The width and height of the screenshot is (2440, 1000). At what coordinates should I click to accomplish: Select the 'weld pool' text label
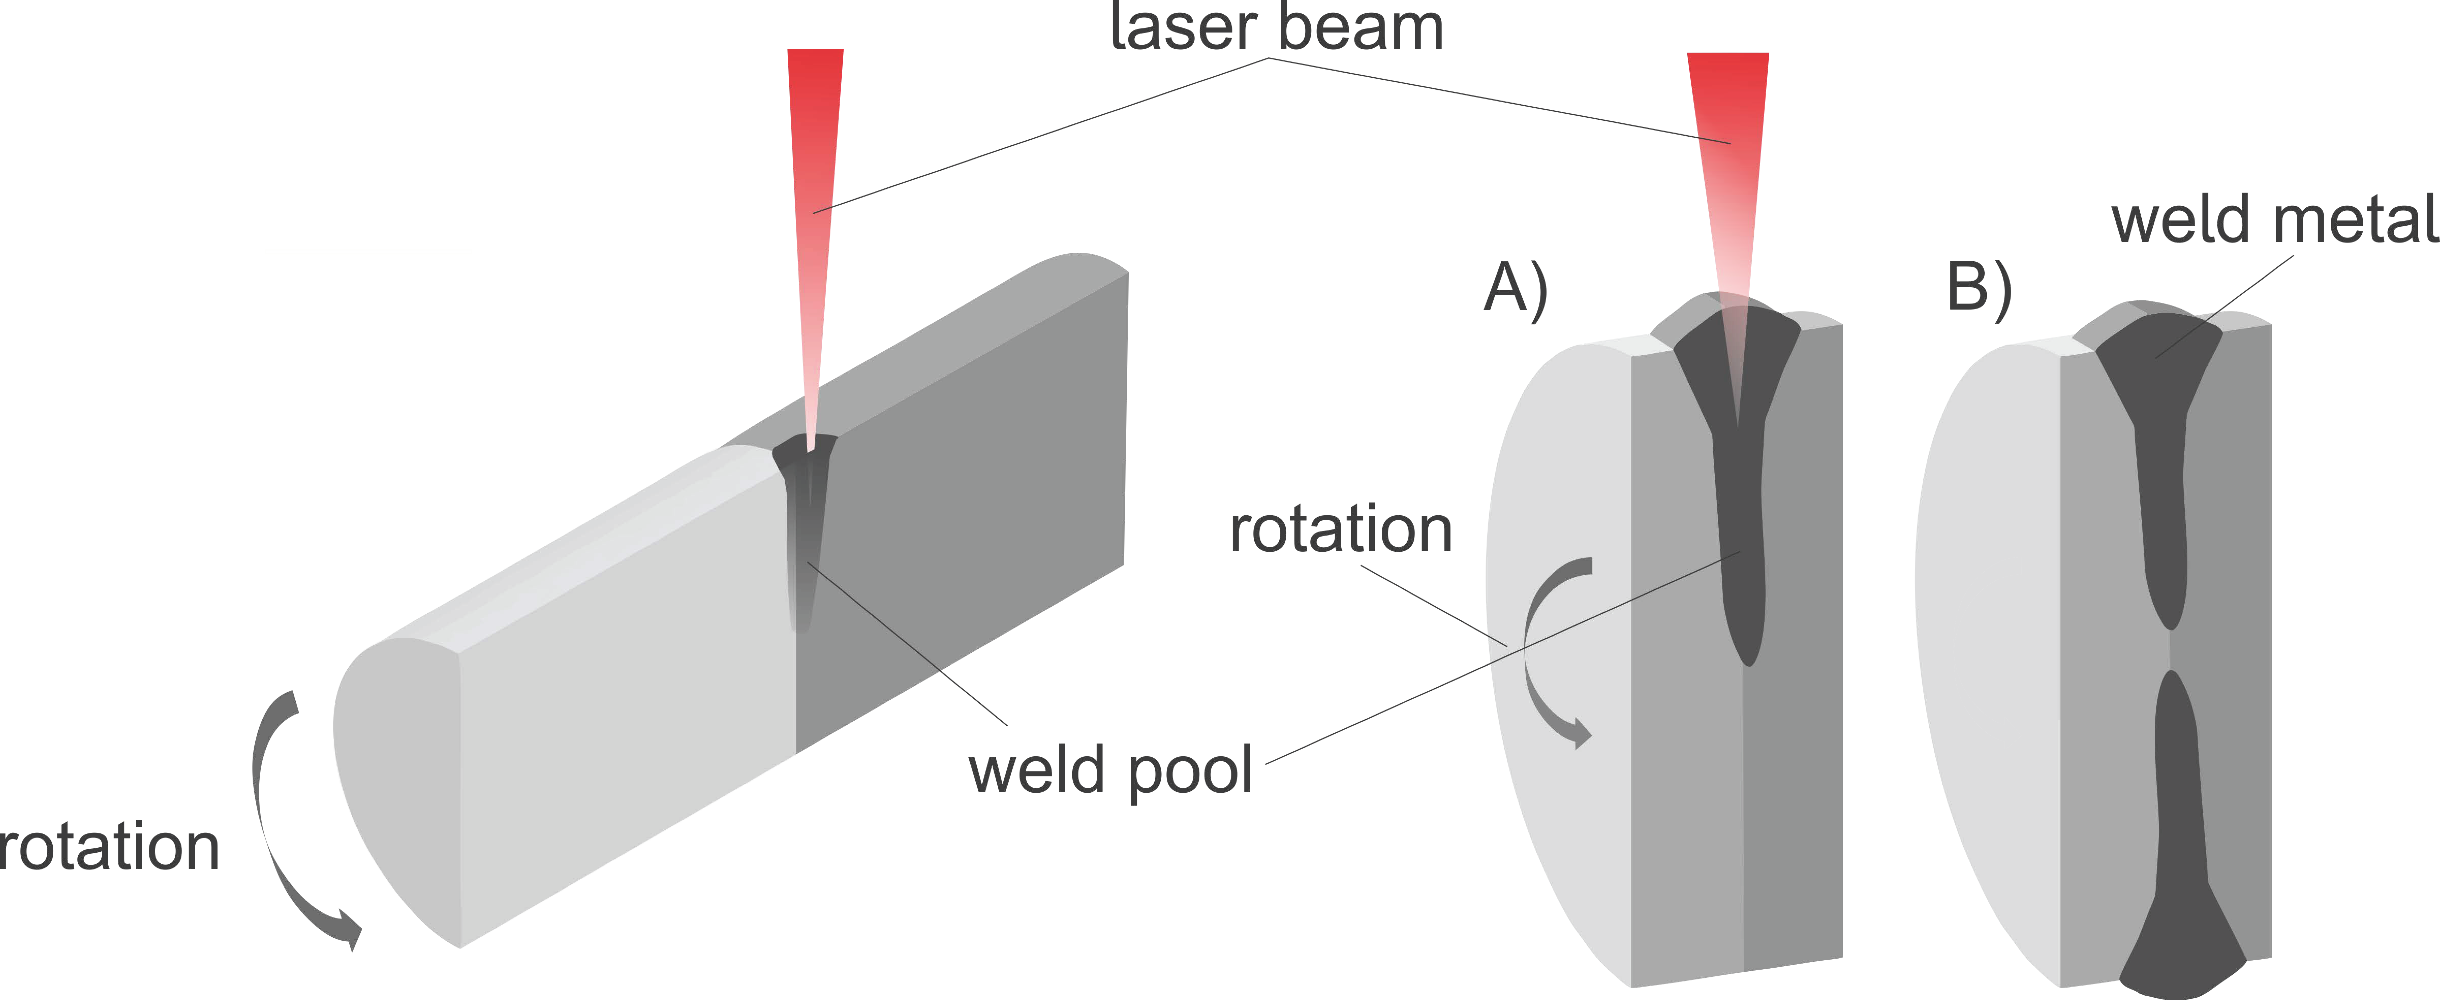pos(1110,770)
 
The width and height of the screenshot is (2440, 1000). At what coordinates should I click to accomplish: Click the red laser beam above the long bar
pos(815,189)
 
